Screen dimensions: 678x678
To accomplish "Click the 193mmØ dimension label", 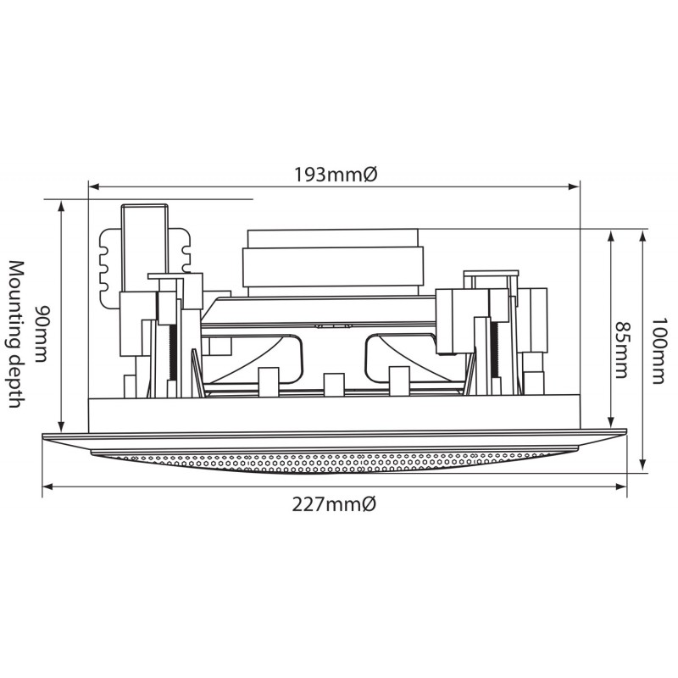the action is click(336, 175).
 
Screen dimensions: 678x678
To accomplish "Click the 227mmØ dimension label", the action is click(334, 504).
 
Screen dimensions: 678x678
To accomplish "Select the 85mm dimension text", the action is click(620, 349).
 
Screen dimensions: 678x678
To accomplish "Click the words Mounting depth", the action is click(16, 334).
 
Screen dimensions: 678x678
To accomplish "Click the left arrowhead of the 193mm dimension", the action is click(93, 186).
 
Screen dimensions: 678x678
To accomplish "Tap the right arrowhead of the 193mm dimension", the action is click(575, 186).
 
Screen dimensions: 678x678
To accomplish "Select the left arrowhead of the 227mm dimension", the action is click(47, 486).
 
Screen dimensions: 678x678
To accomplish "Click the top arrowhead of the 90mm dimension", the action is click(61, 206).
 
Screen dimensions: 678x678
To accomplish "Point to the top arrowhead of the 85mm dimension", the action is click(611, 236).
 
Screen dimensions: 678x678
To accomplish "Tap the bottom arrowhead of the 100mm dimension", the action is click(643, 465).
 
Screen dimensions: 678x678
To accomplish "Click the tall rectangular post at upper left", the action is click(144, 248).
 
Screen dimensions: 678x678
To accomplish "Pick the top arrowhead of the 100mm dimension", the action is click(643, 236).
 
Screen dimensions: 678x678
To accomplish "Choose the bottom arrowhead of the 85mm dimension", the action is click(611, 422).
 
